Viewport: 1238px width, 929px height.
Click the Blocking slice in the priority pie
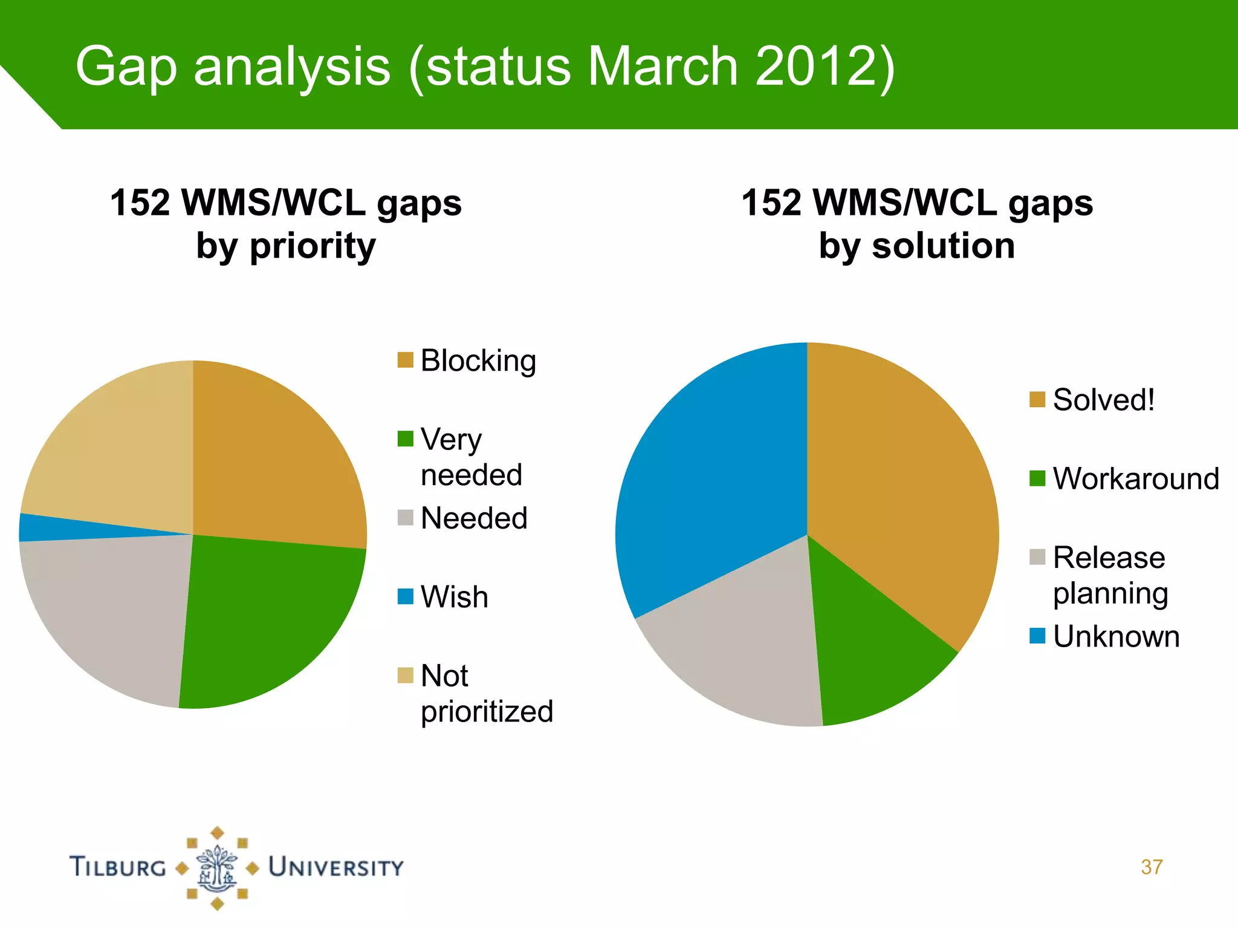point(272,460)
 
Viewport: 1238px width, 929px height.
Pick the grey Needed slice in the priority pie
point(109,611)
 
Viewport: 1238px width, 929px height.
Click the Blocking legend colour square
point(405,360)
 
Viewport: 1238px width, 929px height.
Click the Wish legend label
point(454,597)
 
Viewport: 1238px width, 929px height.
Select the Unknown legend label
point(1116,636)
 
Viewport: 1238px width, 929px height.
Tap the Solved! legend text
point(1103,400)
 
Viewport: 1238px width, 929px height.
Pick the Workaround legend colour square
point(1037,478)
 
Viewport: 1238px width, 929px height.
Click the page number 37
point(1151,867)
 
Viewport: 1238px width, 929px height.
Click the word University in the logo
point(336,867)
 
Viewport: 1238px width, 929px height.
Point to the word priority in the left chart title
point(312,246)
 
